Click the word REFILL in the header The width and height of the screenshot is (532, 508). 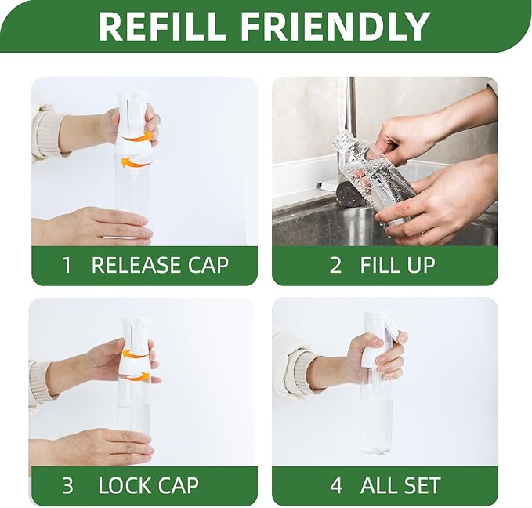click(162, 27)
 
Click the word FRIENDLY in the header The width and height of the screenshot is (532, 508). click(335, 27)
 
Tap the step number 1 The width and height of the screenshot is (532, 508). click(67, 265)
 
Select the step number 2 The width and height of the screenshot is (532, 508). click(335, 265)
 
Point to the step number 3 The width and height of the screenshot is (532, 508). click(67, 485)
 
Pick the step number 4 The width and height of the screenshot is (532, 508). click(336, 485)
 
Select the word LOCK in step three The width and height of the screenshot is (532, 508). click(124, 485)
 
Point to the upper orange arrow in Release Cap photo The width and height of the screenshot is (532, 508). click(137, 137)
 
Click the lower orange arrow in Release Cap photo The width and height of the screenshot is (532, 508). click(136, 162)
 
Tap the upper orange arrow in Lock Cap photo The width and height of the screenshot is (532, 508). click(135, 355)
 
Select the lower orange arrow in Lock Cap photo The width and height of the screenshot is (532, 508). click(138, 376)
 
